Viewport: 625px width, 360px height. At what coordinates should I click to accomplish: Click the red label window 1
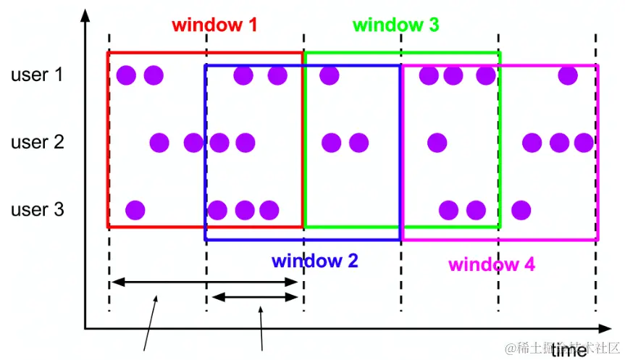point(214,25)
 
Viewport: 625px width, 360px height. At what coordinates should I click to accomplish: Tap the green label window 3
point(396,25)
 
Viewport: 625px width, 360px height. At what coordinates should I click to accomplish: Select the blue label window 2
point(315,261)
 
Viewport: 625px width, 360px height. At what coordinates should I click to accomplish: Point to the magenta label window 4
point(492,264)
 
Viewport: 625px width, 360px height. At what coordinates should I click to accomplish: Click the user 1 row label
point(37,75)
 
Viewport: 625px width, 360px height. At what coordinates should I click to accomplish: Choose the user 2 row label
point(38,142)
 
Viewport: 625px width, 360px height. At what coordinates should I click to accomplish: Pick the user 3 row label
point(38,209)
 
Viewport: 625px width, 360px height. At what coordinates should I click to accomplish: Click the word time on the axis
point(569,350)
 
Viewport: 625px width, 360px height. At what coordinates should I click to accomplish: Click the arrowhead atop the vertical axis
point(85,15)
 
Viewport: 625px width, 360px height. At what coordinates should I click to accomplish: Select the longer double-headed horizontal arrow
point(204,282)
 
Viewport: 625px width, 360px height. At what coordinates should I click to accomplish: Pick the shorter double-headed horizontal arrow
point(255,297)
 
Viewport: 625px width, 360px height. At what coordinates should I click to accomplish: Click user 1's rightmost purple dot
point(568,75)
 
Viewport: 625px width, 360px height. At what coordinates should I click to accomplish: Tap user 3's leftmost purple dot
point(135,210)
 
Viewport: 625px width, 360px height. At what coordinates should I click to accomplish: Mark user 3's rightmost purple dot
point(521,210)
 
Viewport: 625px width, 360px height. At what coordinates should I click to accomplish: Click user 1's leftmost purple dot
point(126,75)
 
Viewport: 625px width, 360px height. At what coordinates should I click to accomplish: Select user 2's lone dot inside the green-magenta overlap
point(437,143)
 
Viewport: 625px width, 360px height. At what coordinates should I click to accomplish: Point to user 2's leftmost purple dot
point(159,143)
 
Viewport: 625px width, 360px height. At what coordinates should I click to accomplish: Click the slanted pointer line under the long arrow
point(150,323)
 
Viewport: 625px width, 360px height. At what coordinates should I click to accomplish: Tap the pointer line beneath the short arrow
point(261,329)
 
